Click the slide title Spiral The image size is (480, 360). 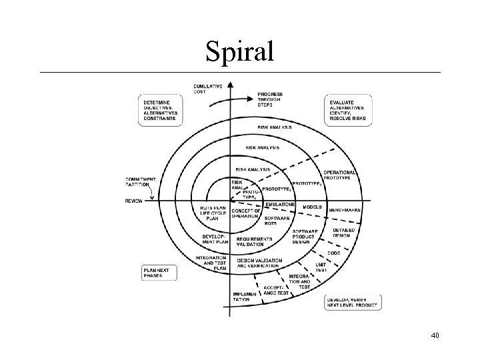point(239,51)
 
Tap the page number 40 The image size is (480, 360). point(435,335)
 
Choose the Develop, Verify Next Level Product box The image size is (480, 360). point(352,303)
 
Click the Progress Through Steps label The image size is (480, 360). point(270,99)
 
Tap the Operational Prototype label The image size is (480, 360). point(340,175)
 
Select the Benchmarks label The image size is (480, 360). point(345,209)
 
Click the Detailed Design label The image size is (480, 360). point(344,233)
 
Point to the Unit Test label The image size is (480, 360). point(321,267)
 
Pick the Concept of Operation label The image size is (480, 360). point(246,213)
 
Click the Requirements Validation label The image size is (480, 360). point(253,241)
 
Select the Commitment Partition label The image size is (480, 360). point(141,181)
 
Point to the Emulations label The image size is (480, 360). point(280,205)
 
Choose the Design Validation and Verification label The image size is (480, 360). point(259,263)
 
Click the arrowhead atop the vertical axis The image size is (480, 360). point(229,85)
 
